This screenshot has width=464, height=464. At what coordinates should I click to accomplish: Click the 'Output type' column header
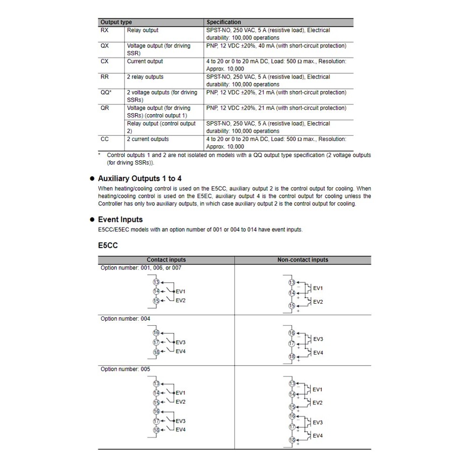pyautogui.click(x=116, y=22)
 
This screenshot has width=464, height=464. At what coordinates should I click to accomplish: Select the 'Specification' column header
pyautogui.click(x=224, y=22)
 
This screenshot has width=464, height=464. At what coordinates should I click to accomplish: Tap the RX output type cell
pyautogui.click(x=104, y=30)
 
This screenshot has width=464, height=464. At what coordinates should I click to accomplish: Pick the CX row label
pyautogui.click(x=104, y=61)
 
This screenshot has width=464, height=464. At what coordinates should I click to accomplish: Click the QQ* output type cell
pyautogui.click(x=106, y=93)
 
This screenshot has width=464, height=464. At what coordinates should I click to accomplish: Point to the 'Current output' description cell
pyautogui.click(x=145, y=61)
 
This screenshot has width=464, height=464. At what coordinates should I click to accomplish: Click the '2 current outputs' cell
pyautogui.click(x=148, y=139)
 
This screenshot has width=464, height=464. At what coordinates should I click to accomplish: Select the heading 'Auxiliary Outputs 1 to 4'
pyautogui.click(x=140, y=179)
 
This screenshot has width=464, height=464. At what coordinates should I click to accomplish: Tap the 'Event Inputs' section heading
pyautogui.click(x=120, y=220)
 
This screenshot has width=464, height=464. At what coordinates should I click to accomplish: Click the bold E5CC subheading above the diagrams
pyautogui.click(x=108, y=245)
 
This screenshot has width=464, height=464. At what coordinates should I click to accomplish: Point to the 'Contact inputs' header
pyautogui.click(x=166, y=260)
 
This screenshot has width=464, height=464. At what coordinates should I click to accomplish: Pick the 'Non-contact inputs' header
pyautogui.click(x=303, y=260)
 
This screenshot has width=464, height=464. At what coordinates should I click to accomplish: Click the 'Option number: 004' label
pyautogui.click(x=126, y=319)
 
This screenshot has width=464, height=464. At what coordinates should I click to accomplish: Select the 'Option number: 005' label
pyautogui.click(x=126, y=369)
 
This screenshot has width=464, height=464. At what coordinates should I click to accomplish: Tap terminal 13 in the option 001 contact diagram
pyautogui.click(x=156, y=282)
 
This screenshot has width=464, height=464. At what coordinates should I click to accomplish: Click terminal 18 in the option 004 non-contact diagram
pyautogui.click(x=291, y=357)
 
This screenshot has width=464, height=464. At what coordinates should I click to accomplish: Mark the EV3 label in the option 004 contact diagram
pyautogui.click(x=181, y=342)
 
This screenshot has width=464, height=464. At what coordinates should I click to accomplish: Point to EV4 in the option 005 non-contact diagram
pyautogui.click(x=318, y=436)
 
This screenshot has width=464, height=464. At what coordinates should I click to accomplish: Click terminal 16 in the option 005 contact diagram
pyautogui.click(x=156, y=411)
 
